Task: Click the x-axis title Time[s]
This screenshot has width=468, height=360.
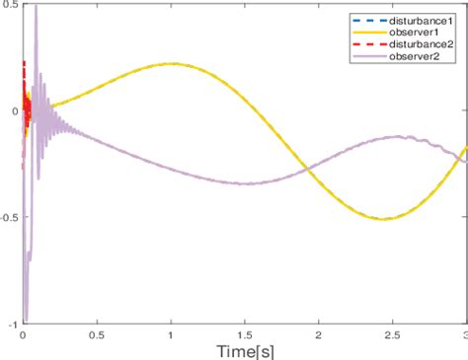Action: click(244, 350)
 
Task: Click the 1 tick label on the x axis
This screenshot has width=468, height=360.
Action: click(171, 335)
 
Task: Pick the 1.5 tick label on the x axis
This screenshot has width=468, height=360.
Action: click(245, 335)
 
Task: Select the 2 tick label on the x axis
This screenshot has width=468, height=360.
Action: click(318, 335)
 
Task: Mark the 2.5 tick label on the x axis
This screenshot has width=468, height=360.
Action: click(392, 335)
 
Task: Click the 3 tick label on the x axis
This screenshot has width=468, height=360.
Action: click(463, 335)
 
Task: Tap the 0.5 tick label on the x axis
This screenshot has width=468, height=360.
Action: click(97, 335)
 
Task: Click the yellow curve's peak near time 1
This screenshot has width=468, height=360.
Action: click(171, 64)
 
